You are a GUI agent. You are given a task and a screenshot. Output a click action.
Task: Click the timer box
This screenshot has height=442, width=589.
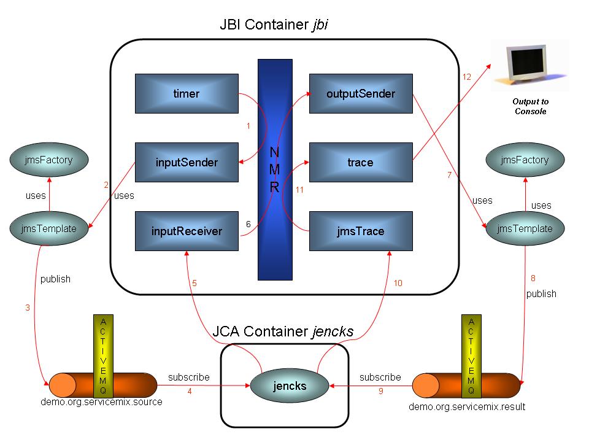pyautogui.click(x=187, y=94)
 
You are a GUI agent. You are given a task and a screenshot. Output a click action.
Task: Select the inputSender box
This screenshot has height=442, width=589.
pyautogui.click(x=187, y=163)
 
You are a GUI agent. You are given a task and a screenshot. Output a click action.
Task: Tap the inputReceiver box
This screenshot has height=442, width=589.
pyautogui.click(x=187, y=231)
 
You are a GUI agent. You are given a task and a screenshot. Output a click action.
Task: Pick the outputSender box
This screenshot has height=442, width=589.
pyautogui.click(x=360, y=94)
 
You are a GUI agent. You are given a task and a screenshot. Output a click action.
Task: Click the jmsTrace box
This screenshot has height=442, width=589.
pyautogui.click(x=360, y=231)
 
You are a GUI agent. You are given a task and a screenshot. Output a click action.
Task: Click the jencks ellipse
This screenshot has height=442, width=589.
pyautogui.click(x=290, y=386)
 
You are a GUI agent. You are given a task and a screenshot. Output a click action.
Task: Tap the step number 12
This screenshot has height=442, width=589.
pyautogui.click(x=466, y=77)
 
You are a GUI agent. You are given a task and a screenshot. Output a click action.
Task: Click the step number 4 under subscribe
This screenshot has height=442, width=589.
pyautogui.click(x=190, y=391)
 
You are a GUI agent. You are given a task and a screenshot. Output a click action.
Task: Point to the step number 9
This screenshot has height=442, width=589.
pyautogui.click(x=380, y=391)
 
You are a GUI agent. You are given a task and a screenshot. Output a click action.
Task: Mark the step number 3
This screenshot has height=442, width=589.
pyautogui.click(x=28, y=308)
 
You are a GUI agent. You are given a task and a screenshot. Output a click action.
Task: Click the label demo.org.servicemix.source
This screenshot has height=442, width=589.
pyautogui.click(x=101, y=402)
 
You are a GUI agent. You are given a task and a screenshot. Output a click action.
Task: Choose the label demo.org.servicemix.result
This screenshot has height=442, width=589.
pyautogui.click(x=467, y=406)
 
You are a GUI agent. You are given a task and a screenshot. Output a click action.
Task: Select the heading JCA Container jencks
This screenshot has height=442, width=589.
pyautogui.click(x=283, y=331)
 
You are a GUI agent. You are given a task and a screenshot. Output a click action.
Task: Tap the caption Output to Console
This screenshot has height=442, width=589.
pyautogui.click(x=530, y=107)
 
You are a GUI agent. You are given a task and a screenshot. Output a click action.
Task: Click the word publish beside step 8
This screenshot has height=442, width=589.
pyautogui.click(x=541, y=293)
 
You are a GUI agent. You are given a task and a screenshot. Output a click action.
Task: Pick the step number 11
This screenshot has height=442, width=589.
pyautogui.click(x=299, y=190)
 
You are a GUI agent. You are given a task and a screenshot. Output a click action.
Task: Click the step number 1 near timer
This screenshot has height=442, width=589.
pyautogui.click(x=248, y=126)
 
